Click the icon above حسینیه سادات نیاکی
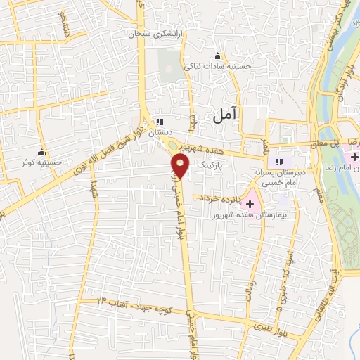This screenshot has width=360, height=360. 217,57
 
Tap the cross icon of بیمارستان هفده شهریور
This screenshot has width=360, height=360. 250,202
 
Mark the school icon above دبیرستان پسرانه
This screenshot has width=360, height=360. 278,160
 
